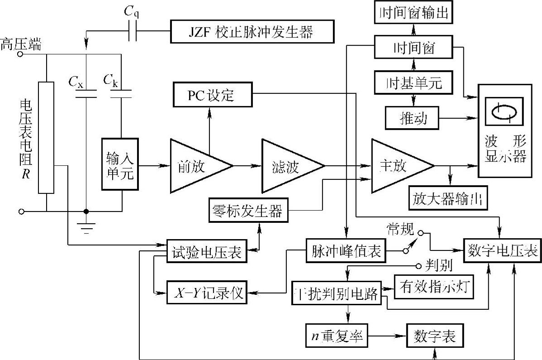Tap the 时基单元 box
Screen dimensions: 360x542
click(413, 82)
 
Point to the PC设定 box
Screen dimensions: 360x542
click(212, 96)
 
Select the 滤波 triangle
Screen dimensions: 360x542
click(288, 166)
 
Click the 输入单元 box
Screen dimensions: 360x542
click(120, 166)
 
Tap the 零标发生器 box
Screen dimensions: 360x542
click(247, 211)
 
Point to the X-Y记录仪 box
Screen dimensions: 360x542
click(206, 293)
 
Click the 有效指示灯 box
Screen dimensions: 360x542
click(434, 288)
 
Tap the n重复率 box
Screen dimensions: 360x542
click(336, 337)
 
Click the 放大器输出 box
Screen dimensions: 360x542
click(448, 198)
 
